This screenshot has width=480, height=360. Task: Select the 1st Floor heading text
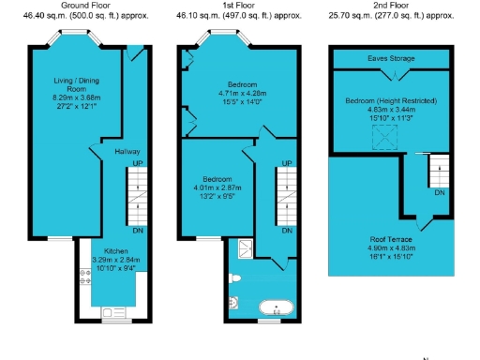click(241, 7)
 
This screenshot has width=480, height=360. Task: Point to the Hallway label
click(127, 151)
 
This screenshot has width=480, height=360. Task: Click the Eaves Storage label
click(390, 58)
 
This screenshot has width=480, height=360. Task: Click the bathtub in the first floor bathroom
click(277, 306)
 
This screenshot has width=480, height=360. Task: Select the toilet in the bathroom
click(234, 278)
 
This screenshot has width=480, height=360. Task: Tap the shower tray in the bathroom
click(246, 248)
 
